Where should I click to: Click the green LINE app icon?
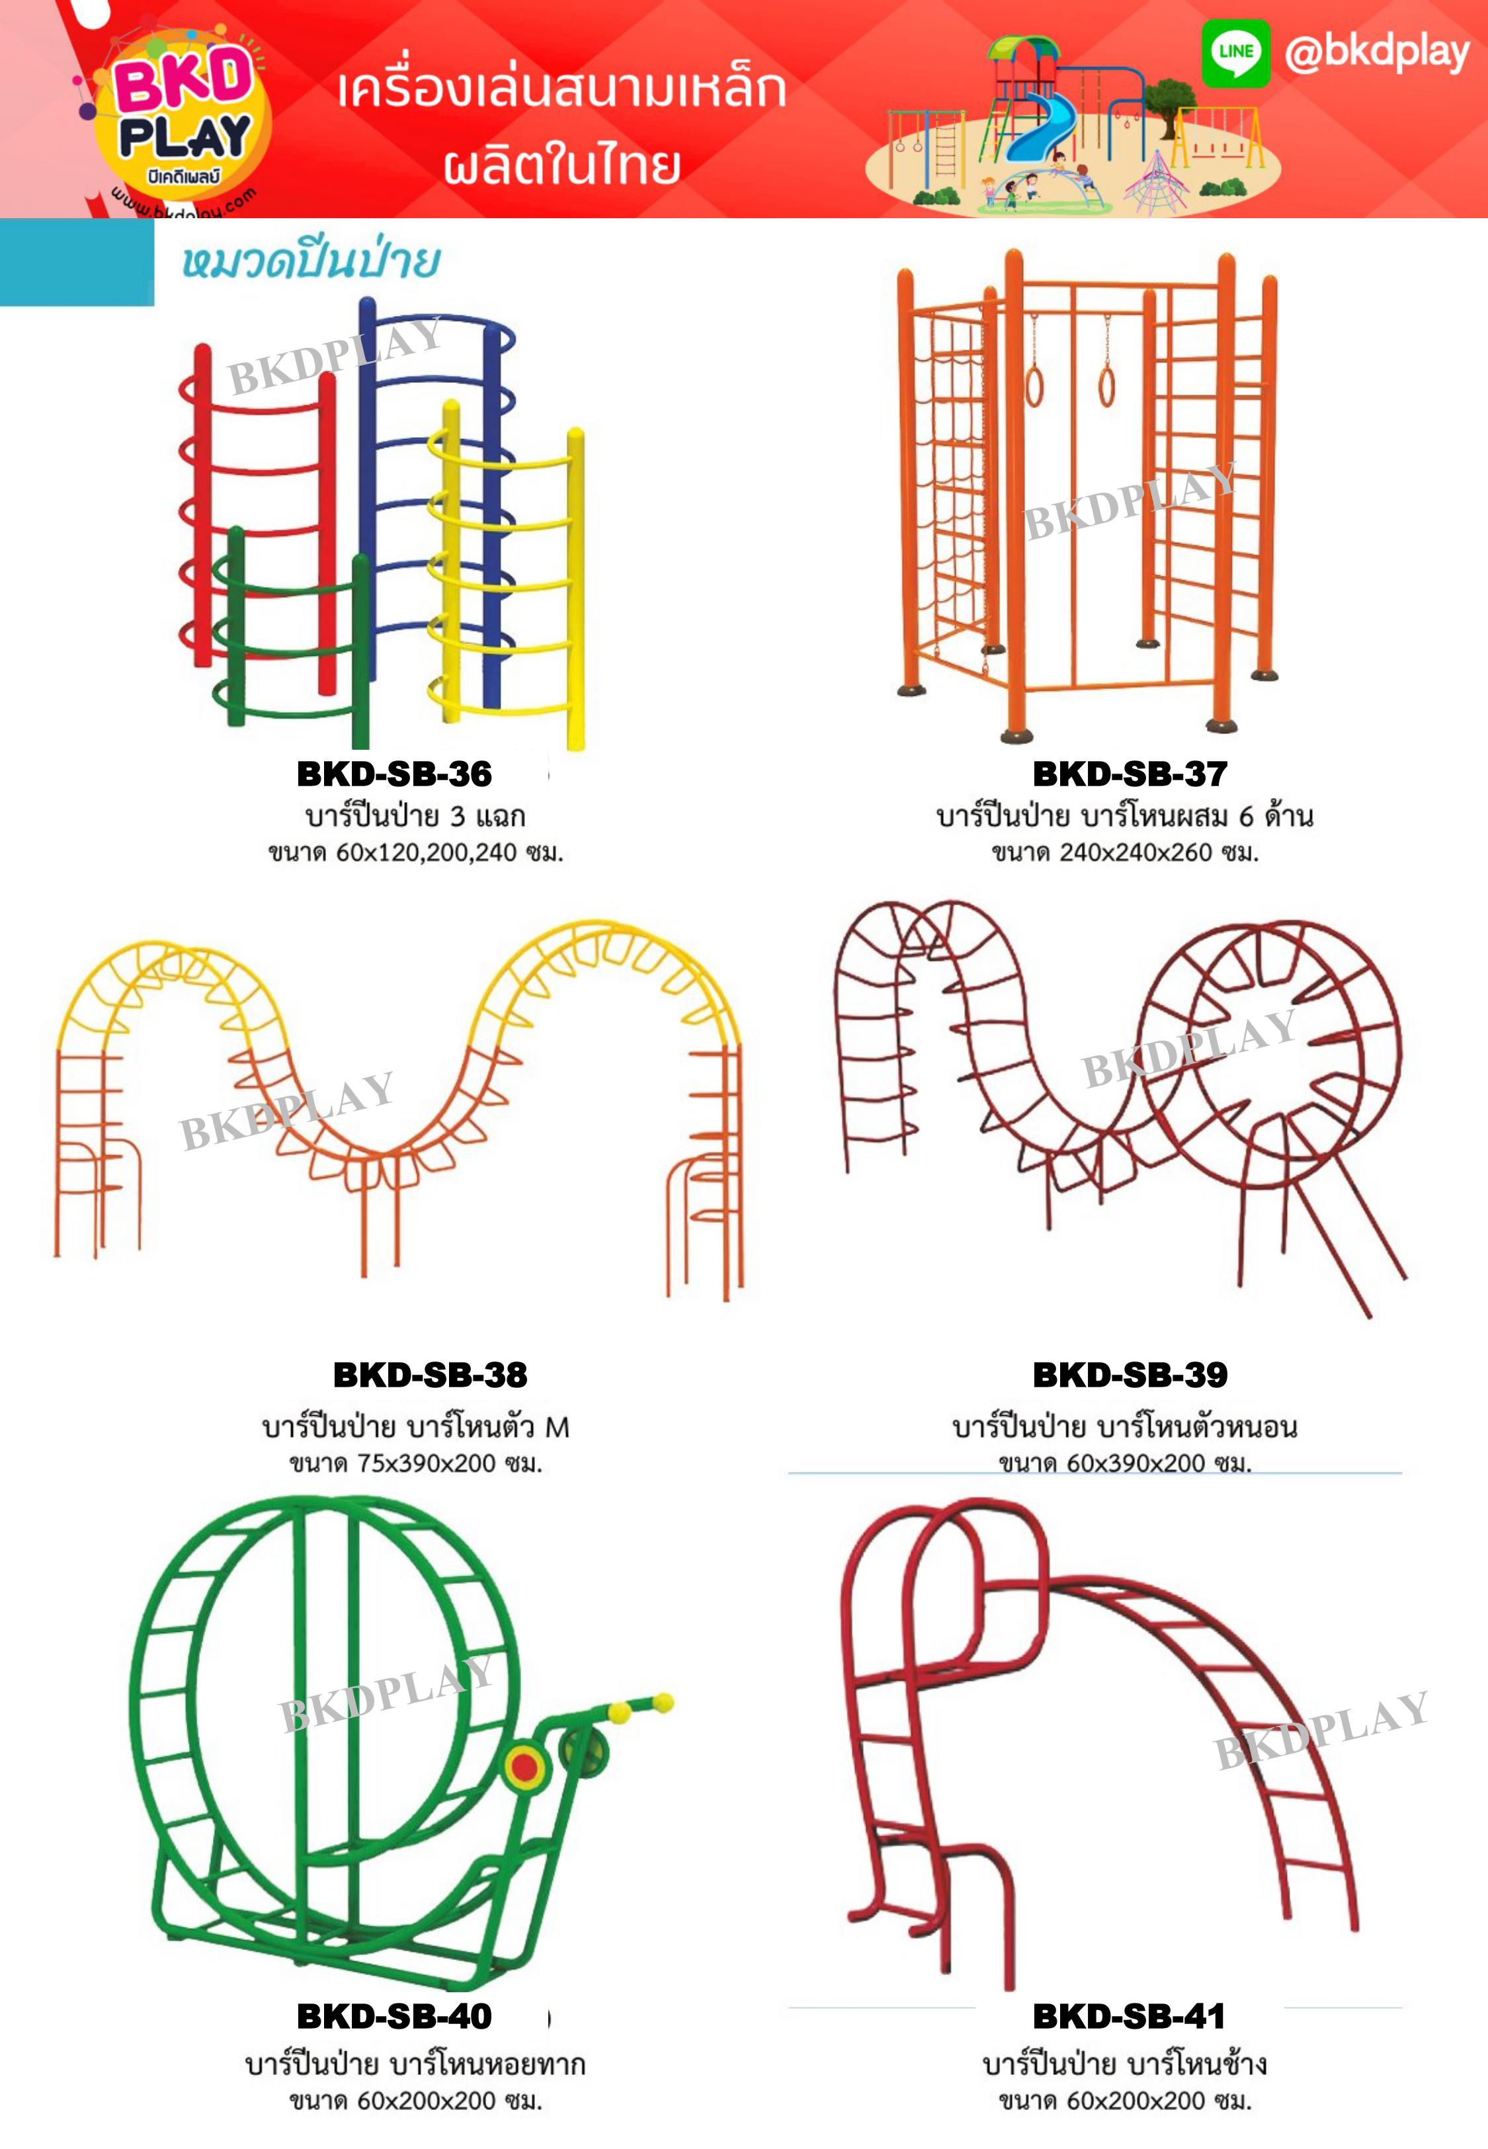point(1235,52)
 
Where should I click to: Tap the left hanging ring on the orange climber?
point(1035,385)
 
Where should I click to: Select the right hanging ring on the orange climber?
point(1106,385)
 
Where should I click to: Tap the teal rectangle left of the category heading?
point(77,262)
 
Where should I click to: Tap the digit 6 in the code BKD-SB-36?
point(480,774)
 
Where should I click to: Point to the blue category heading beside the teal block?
point(310,262)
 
